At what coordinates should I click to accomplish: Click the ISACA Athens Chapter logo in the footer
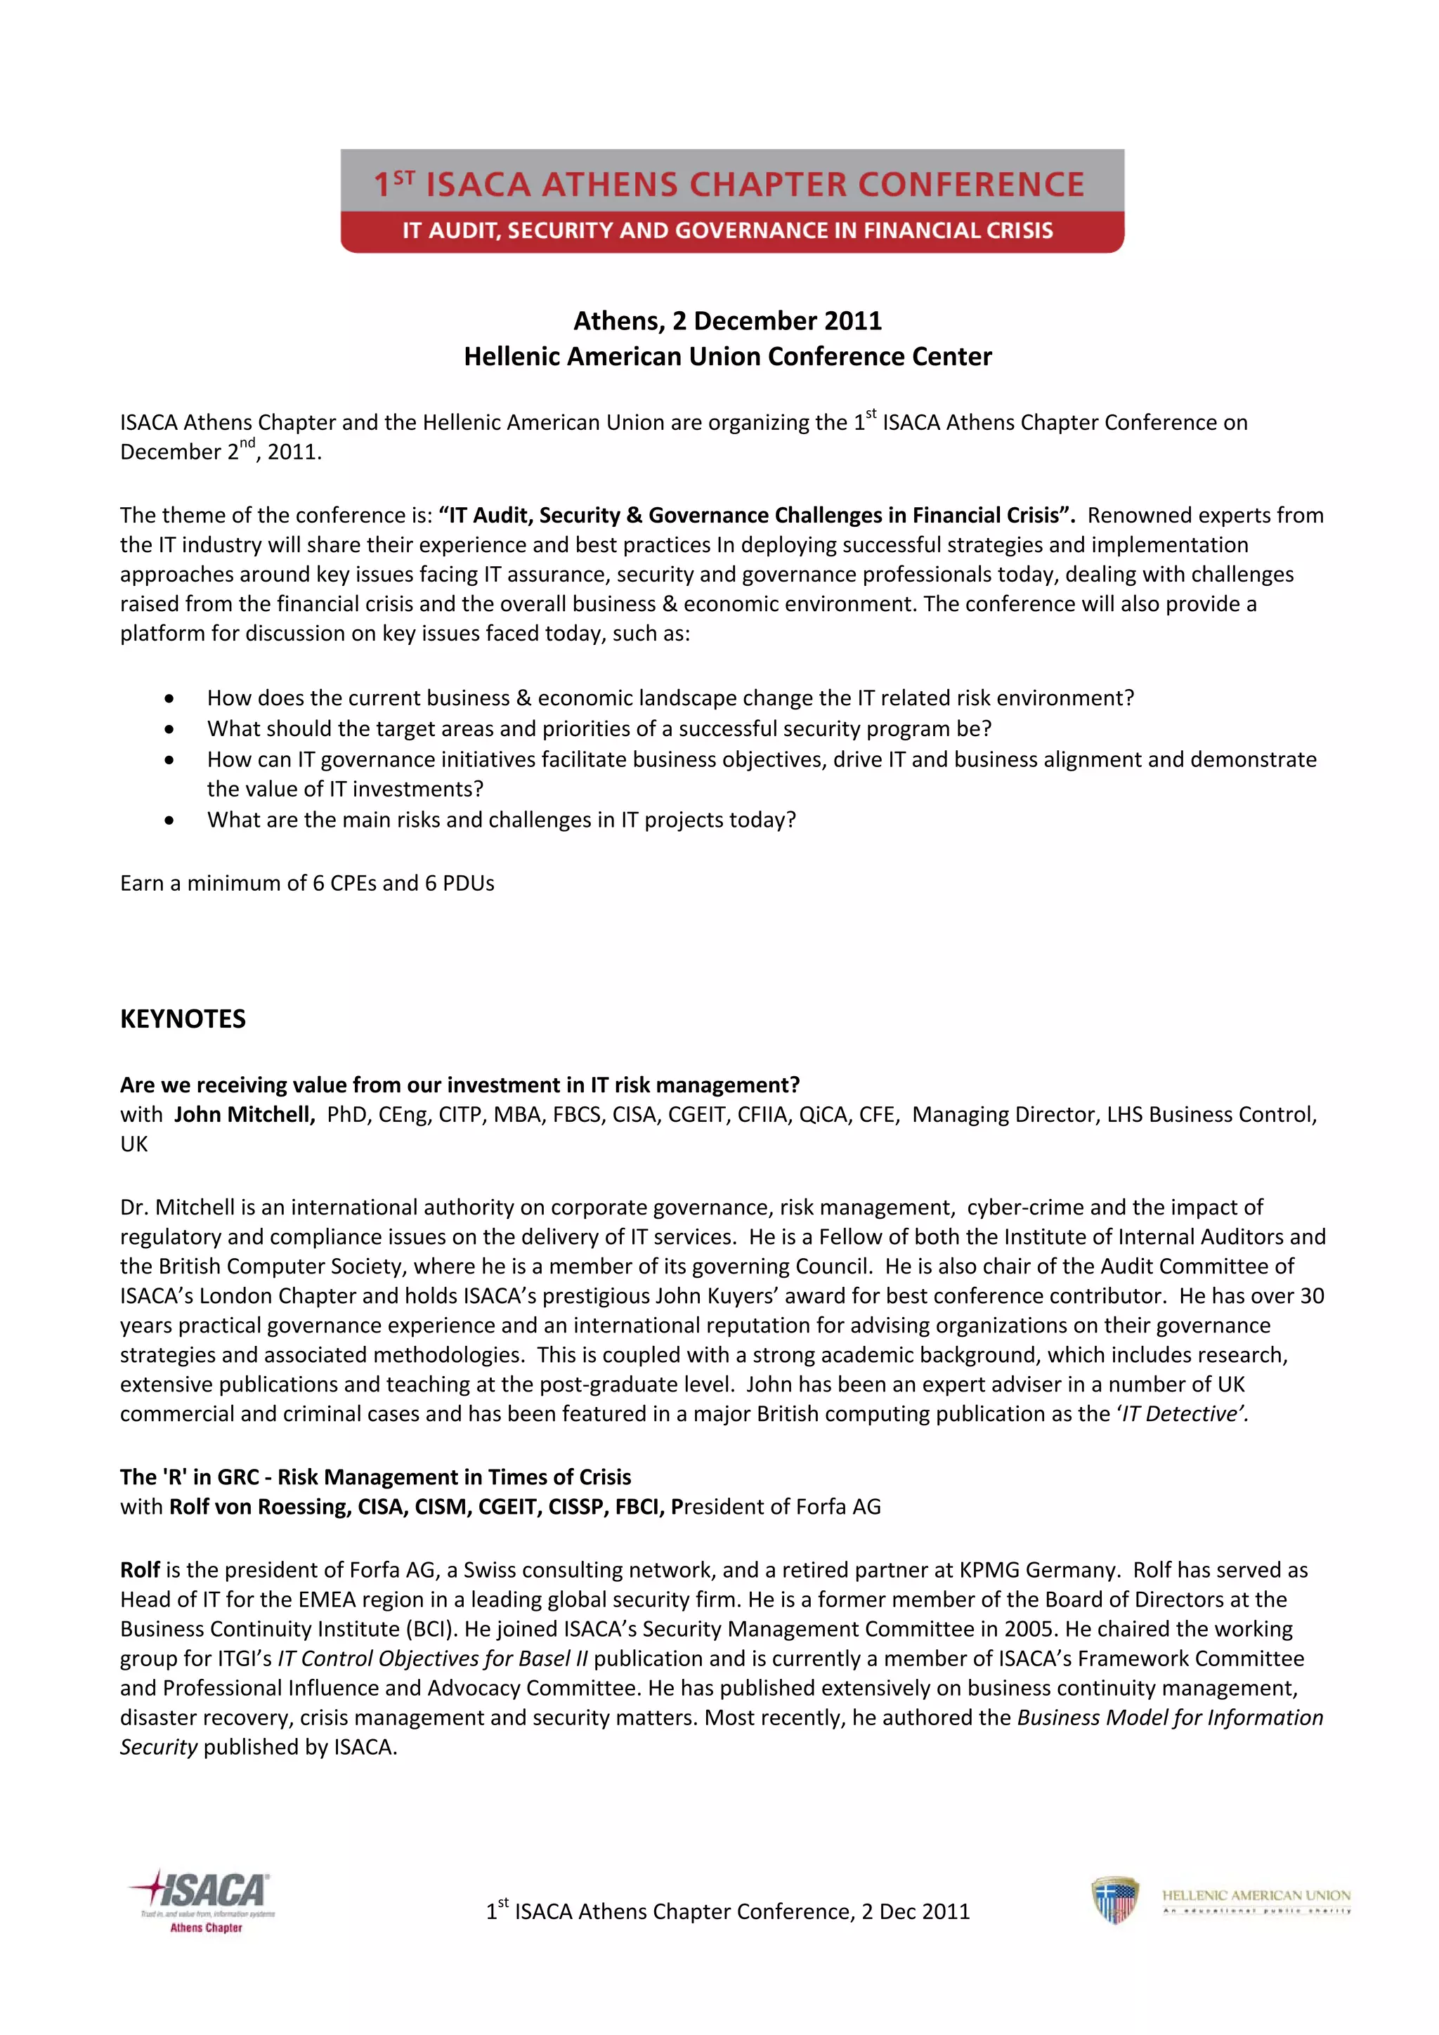coord(202,1900)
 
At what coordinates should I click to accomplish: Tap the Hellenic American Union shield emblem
coord(1114,1899)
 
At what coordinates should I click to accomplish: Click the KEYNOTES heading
coord(183,1019)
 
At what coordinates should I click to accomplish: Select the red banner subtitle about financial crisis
coord(727,230)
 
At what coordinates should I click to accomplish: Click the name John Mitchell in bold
coord(244,1114)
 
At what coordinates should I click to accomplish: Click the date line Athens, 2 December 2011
coord(727,320)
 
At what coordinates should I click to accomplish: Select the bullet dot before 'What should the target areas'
coord(169,728)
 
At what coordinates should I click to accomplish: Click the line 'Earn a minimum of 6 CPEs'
coord(307,883)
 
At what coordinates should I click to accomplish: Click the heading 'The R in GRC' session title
coord(375,1477)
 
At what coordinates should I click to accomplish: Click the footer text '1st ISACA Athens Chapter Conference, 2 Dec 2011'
coord(727,1911)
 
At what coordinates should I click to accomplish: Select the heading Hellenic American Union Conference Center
coord(727,356)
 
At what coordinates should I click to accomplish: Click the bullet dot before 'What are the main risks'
coord(169,820)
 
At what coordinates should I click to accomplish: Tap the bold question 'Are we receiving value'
coord(460,1085)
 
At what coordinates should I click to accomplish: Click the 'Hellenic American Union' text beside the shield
coord(1256,1895)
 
